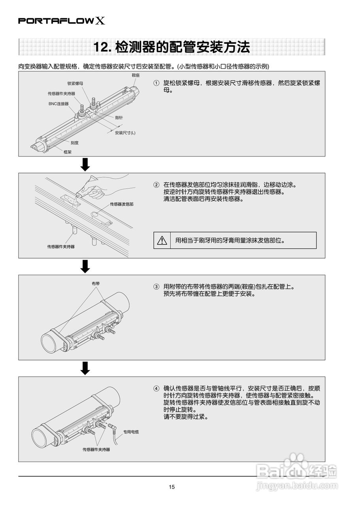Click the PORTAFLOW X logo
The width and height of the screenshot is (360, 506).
coord(62,21)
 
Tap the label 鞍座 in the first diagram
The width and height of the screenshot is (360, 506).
coord(136,75)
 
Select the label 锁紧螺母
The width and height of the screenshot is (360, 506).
coord(75,83)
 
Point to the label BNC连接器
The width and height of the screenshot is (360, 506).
coord(58,104)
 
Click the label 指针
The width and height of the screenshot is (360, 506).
coord(119,118)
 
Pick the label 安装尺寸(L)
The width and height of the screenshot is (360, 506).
coord(125,132)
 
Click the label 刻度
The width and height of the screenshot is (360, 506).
coord(75,143)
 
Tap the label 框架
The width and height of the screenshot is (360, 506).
coord(67,151)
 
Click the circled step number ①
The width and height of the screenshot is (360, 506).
coord(156,83)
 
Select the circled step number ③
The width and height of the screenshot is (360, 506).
coord(156,287)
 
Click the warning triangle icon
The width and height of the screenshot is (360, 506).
coord(162,240)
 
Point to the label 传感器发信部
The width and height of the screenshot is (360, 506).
coord(121,204)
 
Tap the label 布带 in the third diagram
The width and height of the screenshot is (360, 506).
coord(95,283)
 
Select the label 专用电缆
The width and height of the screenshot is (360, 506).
coord(131,432)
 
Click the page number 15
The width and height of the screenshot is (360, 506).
coord(172,487)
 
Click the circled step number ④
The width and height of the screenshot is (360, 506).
coord(156,388)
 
